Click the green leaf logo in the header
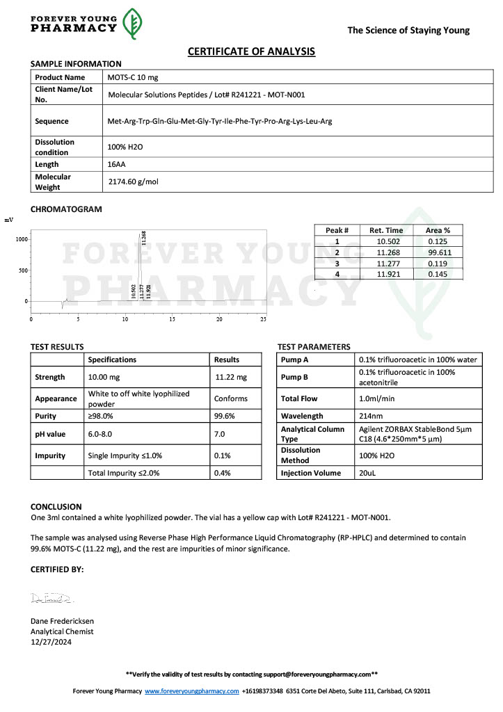tap(133, 24)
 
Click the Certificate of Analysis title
tap(251, 51)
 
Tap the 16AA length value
tap(116, 165)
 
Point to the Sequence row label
tap(51, 121)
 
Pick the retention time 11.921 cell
tap(386, 275)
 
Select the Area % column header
tap(438, 230)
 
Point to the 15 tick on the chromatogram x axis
tap(172, 319)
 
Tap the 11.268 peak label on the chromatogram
tap(143, 236)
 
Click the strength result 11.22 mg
tap(232, 377)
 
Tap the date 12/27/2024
tap(51, 642)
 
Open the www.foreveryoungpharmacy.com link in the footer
tap(191, 691)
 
